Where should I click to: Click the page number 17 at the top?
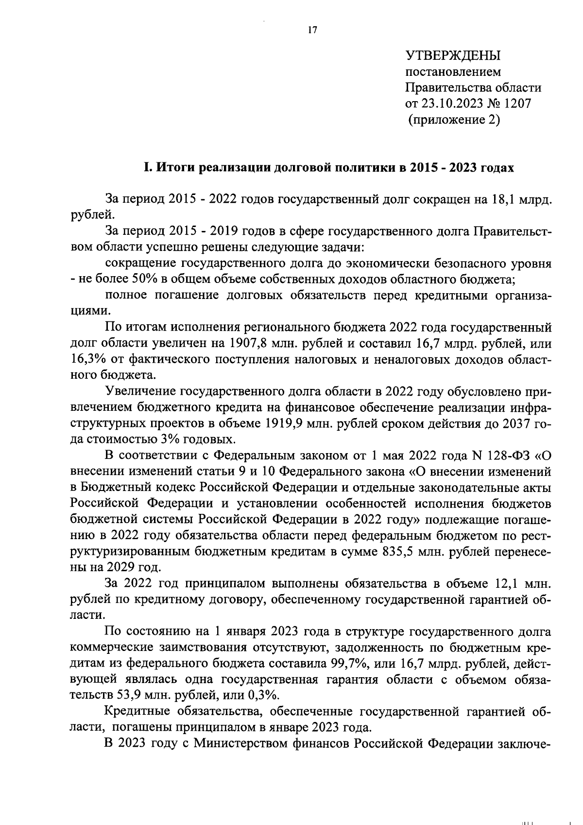[x=312, y=30]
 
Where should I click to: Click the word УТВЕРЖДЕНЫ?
[x=453, y=55]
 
